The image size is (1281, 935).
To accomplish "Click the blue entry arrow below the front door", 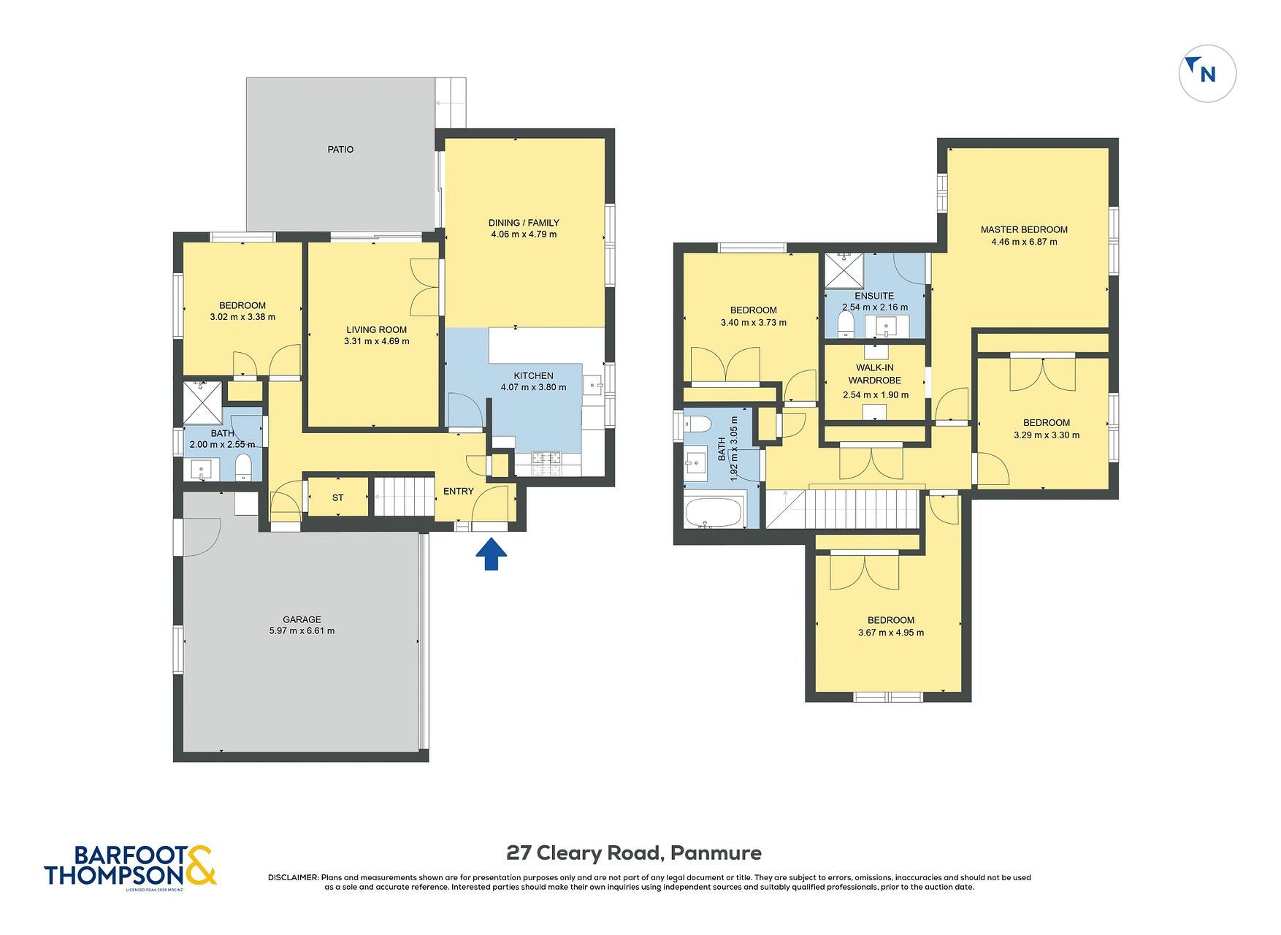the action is coord(492,554).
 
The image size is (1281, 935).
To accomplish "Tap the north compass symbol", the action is coord(1207,73).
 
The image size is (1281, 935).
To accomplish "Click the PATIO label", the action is coord(340,150).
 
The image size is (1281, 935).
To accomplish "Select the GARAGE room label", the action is coord(302,619).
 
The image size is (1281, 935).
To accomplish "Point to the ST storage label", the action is coord(337,498).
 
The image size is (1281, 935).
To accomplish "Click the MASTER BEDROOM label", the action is coord(1024,229).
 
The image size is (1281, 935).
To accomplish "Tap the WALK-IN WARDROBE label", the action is coord(875,374).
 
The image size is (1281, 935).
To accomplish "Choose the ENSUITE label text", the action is coord(874,296).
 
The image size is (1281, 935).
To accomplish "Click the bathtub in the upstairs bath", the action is coord(715,511).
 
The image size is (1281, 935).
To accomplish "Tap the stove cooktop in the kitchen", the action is coord(547,459).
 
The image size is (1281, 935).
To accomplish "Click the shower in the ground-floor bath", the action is coord(202,402).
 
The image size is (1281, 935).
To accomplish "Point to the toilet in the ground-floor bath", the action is coord(243,467).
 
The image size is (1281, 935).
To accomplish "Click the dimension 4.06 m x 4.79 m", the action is coord(524,234).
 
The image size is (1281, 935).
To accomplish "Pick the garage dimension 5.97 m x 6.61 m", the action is coord(302,631).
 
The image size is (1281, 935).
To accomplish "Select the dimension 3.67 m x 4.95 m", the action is coord(891,633).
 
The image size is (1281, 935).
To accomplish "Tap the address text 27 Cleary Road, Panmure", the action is coord(634,853).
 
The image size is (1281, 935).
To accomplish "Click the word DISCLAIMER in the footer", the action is coord(294,878).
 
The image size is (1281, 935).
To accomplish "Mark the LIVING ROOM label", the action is coord(377,330).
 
